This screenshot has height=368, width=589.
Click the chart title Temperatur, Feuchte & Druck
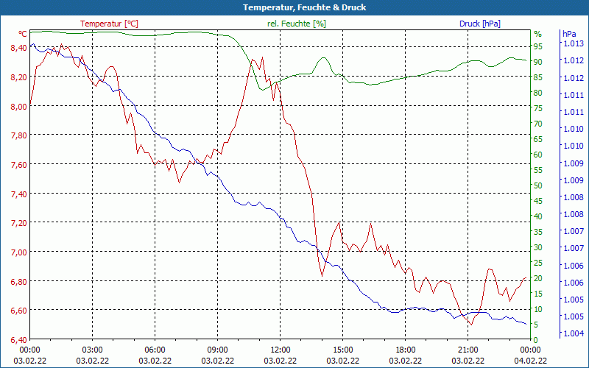(294, 7)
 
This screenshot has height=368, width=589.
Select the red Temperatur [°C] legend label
(109, 24)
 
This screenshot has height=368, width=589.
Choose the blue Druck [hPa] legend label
(479, 24)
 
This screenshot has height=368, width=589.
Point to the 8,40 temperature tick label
(16, 48)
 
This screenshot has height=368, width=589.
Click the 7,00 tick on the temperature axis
(16, 252)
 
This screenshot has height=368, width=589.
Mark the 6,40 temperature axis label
(16, 340)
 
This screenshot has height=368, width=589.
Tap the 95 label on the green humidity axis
(538, 46)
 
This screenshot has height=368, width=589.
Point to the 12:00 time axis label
(280, 350)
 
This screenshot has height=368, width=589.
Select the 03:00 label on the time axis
(92, 350)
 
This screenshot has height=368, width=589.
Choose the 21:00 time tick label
(468, 350)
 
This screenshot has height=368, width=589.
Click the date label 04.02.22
(530, 361)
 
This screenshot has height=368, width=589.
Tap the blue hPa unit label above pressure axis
(568, 34)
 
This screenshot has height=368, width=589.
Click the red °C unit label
(23, 34)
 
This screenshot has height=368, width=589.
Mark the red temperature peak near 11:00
(253, 59)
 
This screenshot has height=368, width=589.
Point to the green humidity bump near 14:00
(323, 58)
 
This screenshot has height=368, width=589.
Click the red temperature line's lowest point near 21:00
(471, 324)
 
